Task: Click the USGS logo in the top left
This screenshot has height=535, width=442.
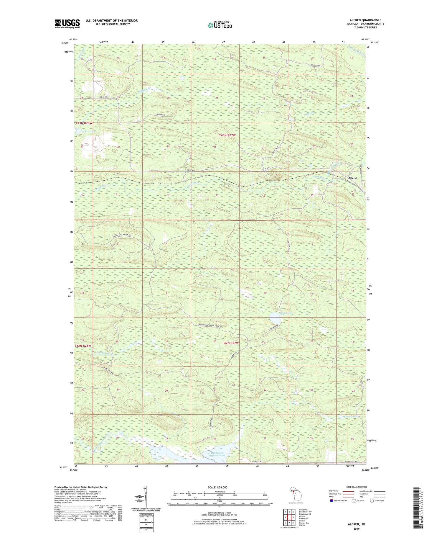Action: click(x=67, y=24)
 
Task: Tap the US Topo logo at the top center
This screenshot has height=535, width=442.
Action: click(x=220, y=25)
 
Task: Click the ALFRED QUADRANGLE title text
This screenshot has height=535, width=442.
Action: click(x=365, y=20)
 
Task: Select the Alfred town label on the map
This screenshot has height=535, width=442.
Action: click(x=352, y=178)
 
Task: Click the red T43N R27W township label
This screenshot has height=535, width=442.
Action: click(x=227, y=135)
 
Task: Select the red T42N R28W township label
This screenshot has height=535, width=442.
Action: click(x=83, y=346)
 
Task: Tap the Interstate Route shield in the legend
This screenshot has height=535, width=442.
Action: click(x=331, y=501)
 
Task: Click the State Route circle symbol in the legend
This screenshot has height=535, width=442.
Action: click(x=372, y=501)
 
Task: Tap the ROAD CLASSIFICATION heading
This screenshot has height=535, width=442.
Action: click(x=357, y=487)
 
